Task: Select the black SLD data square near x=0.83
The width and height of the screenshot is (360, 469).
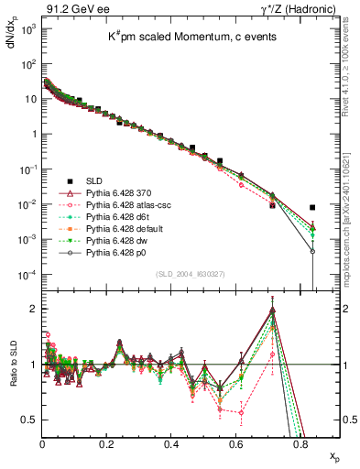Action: [x=313, y=208]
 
